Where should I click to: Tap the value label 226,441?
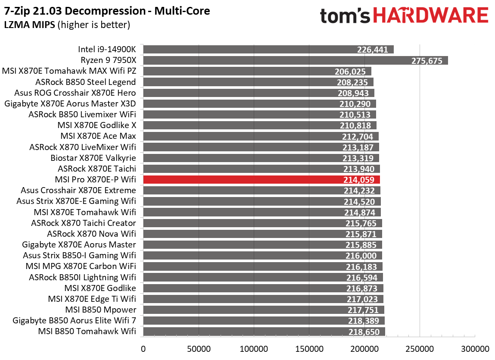(x=372, y=50)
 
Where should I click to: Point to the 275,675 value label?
(x=427, y=60)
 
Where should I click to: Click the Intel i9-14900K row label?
(x=107, y=50)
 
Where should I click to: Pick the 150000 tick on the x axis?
(x=309, y=348)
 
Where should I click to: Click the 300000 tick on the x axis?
(x=475, y=348)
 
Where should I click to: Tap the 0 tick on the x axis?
(x=143, y=348)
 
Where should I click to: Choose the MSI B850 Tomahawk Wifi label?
(x=87, y=332)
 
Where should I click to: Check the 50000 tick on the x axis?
(x=198, y=348)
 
